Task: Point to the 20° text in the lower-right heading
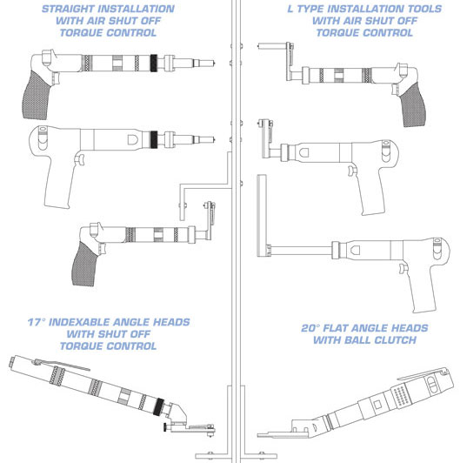click(x=310, y=328)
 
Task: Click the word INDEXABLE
click(x=79, y=322)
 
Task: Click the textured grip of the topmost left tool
click(x=35, y=96)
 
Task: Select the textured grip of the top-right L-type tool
click(x=412, y=105)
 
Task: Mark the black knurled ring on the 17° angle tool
click(x=159, y=407)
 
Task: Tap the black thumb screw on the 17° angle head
click(x=167, y=427)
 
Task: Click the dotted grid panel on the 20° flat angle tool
click(x=401, y=396)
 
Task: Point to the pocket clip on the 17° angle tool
click(x=62, y=365)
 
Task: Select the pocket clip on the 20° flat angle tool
click(x=423, y=373)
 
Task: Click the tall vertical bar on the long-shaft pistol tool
click(x=262, y=215)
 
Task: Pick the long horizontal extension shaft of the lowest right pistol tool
click(x=301, y=251)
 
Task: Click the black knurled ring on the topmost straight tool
click(x=153, y=64)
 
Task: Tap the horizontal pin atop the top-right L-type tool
click(x=272, y=46)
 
